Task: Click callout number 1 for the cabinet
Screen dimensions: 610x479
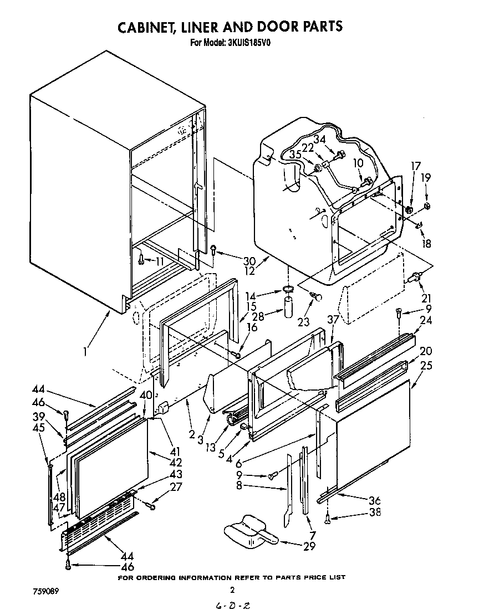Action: click(x=85, y=351)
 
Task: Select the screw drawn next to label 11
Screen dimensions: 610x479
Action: click(x=142, y=258)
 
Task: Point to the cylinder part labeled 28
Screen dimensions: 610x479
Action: click(x=288, y=307)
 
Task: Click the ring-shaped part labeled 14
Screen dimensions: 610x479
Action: click(x=287, y=289)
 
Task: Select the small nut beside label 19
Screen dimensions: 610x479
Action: click(x=427, y=207)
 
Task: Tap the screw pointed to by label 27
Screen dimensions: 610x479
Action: click(x=151, y=505)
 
